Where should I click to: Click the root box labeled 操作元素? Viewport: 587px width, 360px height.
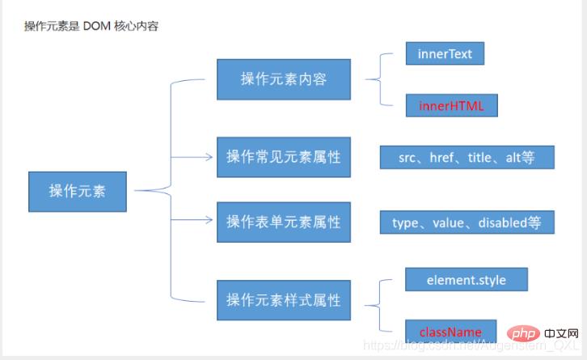point(77,191)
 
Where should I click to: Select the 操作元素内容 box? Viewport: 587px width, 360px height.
point(283,78)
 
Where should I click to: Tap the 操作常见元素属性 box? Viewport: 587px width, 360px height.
point(283,157)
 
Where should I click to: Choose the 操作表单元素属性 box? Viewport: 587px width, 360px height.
point(283,222)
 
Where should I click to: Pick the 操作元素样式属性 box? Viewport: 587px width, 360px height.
point(283,300)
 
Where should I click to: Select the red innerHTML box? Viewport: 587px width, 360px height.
point(450,106)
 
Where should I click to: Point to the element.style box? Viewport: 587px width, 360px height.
point(466,280)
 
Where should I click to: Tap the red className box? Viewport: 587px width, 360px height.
point(450,332)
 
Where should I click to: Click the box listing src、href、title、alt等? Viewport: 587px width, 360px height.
point(467,157)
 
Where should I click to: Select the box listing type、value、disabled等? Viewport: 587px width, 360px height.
point(467,222)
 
